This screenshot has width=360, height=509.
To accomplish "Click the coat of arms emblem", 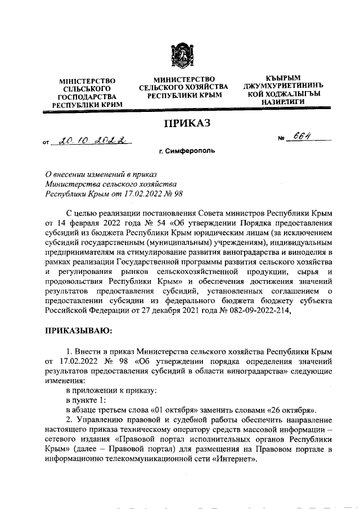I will pyautogui.click(x=181, y=57).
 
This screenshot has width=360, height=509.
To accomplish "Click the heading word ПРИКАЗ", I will pyautogui.click(x=180, y=124).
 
